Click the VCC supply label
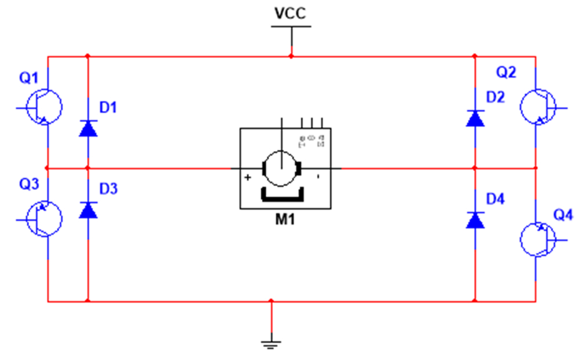(291, 14)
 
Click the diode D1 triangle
(88, 127)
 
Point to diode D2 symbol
(475, 119)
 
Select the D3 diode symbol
(88, 210)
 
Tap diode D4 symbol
(475, 220)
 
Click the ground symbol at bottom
(270, 344)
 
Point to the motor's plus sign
(248, 178)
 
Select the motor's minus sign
(318, 177)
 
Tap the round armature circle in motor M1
(282, 168)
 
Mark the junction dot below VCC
(291, 56)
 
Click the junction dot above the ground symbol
(270, 301)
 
